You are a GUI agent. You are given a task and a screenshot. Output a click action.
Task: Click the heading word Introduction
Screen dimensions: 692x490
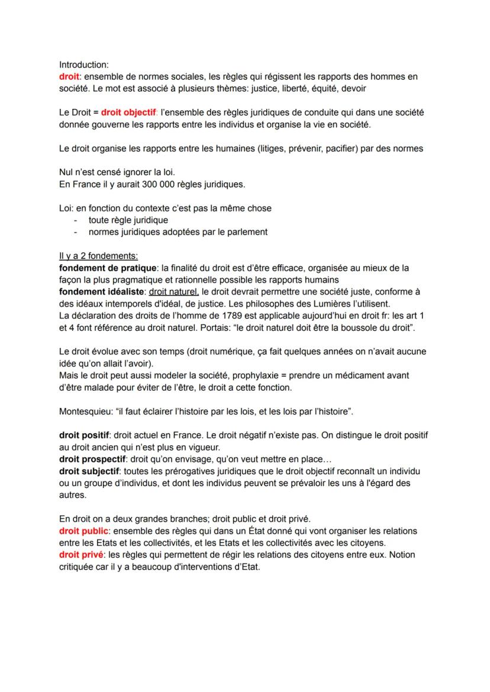(83, 65)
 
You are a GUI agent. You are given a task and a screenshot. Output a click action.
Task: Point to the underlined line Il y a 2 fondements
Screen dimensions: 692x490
(98, 256)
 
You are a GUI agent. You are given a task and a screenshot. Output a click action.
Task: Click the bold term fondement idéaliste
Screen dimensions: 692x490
(102, 292)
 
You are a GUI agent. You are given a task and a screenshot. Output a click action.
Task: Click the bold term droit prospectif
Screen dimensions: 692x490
(92, 459)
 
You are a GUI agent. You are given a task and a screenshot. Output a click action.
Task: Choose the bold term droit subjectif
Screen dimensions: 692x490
(90, 471)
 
